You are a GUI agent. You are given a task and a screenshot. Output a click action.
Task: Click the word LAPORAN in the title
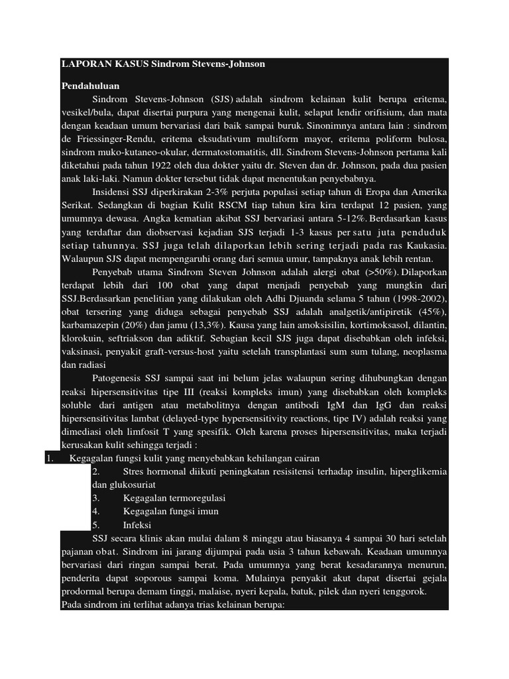[82, 64]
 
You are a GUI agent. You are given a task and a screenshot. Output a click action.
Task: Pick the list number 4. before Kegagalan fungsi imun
[96, 511]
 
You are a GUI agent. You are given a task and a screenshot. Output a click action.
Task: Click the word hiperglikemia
[419, 471]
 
